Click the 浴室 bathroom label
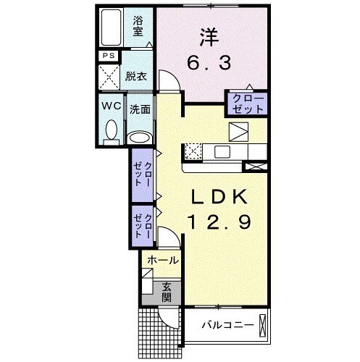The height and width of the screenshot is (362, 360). click(137, 27)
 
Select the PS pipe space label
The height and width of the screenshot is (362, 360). click(108, 56)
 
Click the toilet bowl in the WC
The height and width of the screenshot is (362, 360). click(111, 130)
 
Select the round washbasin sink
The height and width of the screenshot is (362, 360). click(138, 135)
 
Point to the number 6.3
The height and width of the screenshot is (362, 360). click(211, 64)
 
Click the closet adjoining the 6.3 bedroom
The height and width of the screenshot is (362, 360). click(248, 103)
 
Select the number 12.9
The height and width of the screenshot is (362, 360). click(220, 222)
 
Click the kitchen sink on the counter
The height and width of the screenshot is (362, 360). click(220, 151)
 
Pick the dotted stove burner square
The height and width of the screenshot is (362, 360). click(193, 151)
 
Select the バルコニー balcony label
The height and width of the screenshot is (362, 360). click(227, 325)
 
